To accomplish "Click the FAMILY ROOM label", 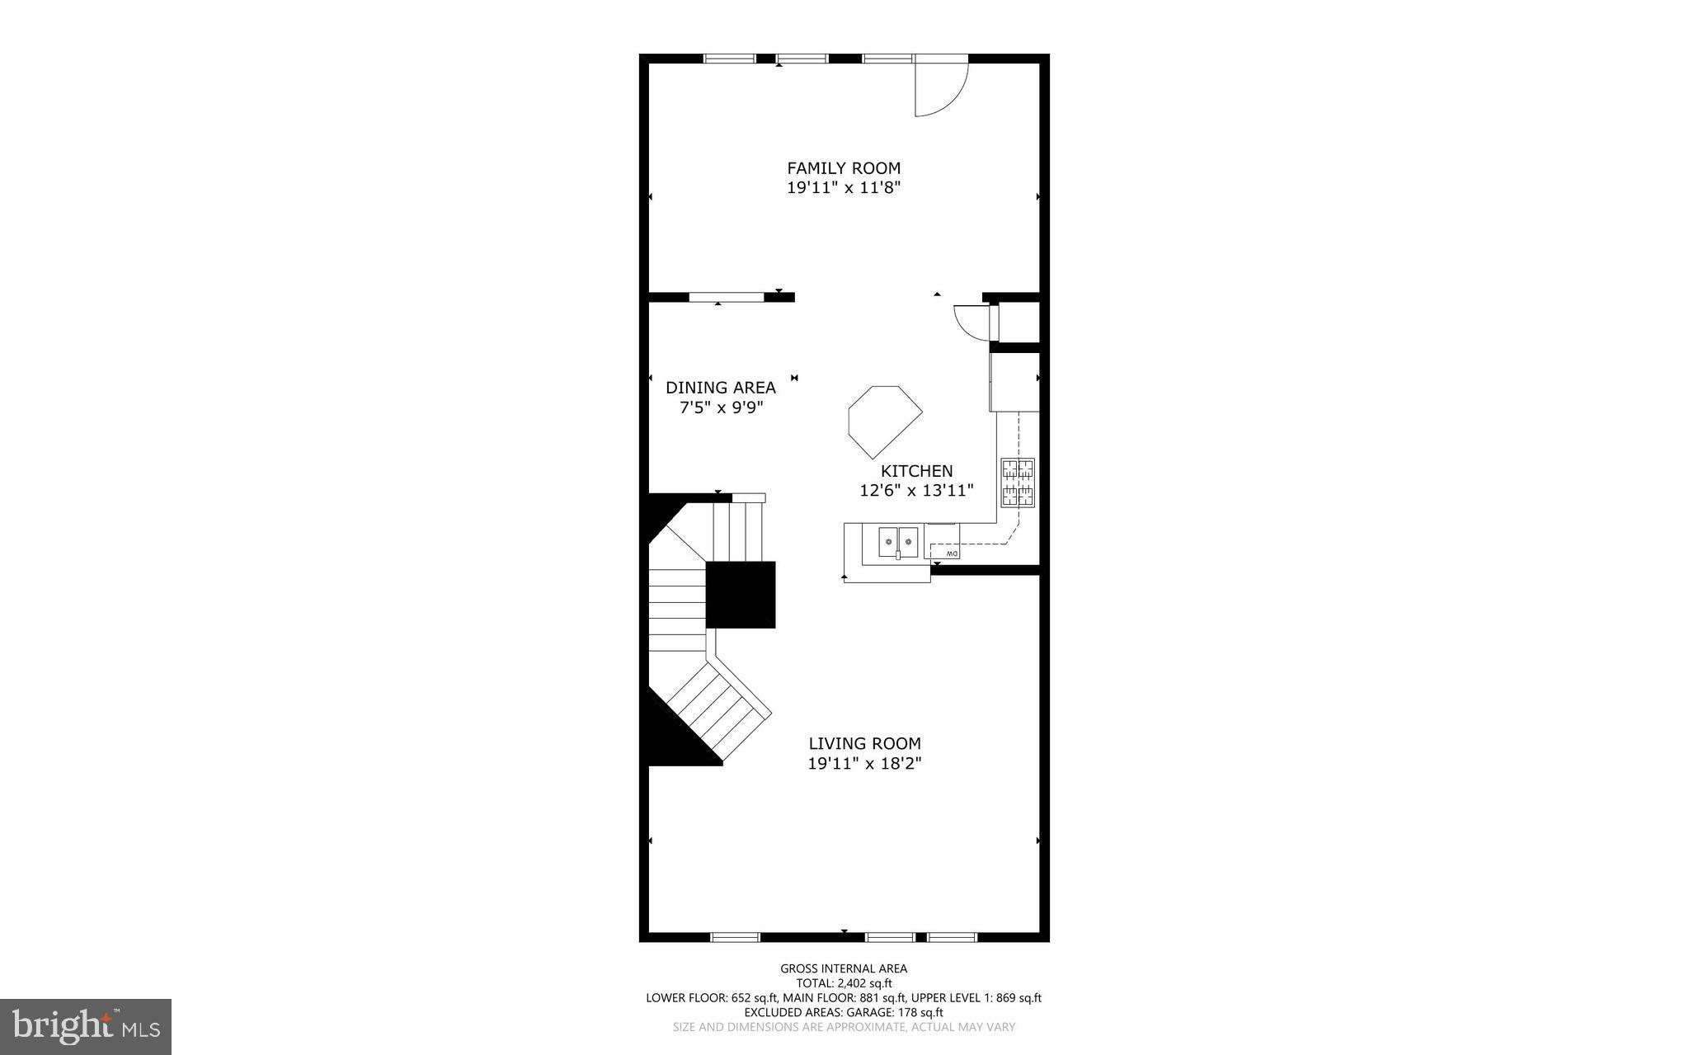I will click(x=843, y=168).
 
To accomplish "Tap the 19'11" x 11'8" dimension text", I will click(x=843, y=188).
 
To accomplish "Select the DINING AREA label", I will click(x=720, y=388).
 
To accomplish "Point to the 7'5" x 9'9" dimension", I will click(x=720, y=407).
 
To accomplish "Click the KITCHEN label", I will click(x=916, y=471).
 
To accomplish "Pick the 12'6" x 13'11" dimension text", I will click(x=916, y=491).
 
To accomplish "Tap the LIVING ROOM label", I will click(x=864, y=743).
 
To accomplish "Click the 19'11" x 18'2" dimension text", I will click(x=864, y=764).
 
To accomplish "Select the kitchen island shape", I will click(x=882, y=420).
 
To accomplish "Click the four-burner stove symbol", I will click(x=1018, y=483).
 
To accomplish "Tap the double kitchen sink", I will click(x=898, y=542).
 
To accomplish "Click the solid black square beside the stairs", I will click(x=741, y=595).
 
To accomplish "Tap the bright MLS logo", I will click(x=86, y=1026).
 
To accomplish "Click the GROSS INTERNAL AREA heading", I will click(x=843, y=968).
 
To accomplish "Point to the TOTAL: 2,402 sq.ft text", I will click(x=843, y=983).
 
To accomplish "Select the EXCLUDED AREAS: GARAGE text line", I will click(x=843, y=1012).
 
